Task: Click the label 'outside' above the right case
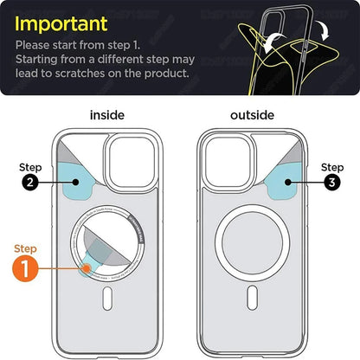[252, 114]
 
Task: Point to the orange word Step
[26, 248]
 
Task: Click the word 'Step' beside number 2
[30, 165]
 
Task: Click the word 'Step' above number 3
[331, 166]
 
